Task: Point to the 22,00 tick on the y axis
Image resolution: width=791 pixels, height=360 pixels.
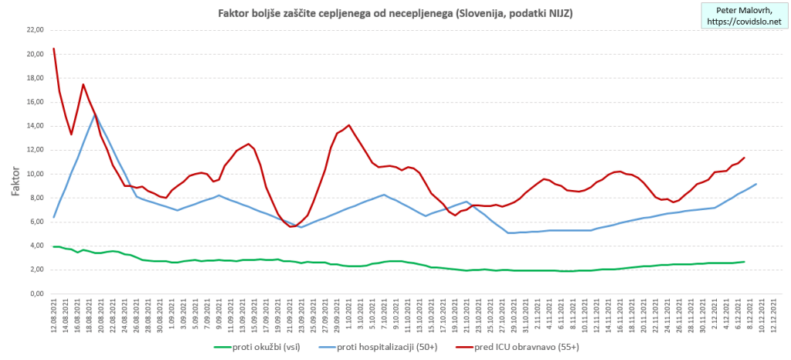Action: click(35, 30)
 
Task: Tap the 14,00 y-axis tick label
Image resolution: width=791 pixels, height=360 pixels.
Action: click(35, 126)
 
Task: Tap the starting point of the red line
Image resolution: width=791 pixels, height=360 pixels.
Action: click(53, 49)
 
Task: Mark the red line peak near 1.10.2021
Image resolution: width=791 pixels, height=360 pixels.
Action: click(349, 125)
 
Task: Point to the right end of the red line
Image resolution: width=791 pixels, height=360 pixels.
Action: click(744, 158)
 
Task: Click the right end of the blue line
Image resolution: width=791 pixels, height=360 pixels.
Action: click(755, 184)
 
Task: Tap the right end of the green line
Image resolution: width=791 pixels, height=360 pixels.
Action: click(744, 262)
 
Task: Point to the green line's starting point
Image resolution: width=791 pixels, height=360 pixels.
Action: click(53, 246)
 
